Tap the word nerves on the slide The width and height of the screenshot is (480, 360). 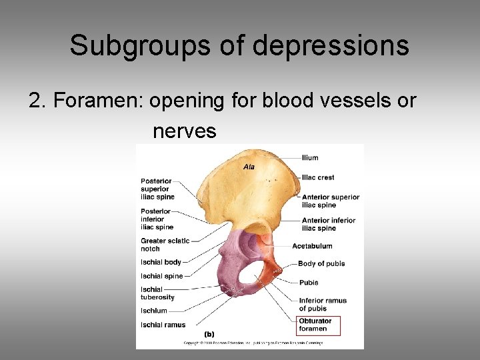point(185,131)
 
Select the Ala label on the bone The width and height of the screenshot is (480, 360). point(249,167)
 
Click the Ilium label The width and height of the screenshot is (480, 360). point(310,158)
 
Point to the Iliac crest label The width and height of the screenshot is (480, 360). point(317,177)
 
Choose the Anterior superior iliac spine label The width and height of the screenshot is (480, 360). point(330,201)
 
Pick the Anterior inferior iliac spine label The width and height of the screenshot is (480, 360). point(329,224)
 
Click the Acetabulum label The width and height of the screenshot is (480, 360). point(312,246)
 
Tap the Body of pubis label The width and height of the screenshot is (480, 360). point(321,264)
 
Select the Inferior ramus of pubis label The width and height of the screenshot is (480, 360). point(323,305)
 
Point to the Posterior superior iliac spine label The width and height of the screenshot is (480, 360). point(157,189)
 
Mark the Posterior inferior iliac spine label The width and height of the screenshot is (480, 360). point(157,219)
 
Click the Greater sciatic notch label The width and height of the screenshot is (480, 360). point(165,245)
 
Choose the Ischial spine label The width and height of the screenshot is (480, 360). point(161,276)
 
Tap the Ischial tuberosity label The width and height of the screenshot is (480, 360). point(157,293)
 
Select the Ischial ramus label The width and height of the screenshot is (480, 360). point(163,325)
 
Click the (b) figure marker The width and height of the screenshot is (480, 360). point(209,334)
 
